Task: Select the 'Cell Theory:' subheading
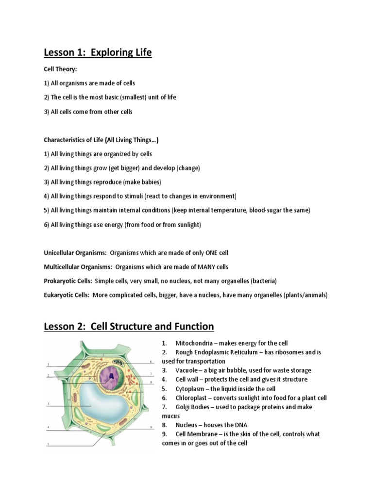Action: point(60,69)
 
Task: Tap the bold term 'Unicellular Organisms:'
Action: point(75,253)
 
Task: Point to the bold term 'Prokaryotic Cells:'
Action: point(68,281)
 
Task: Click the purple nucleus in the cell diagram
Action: point(111,375)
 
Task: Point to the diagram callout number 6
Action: point(152,361)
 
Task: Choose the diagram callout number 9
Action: point(152,427)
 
